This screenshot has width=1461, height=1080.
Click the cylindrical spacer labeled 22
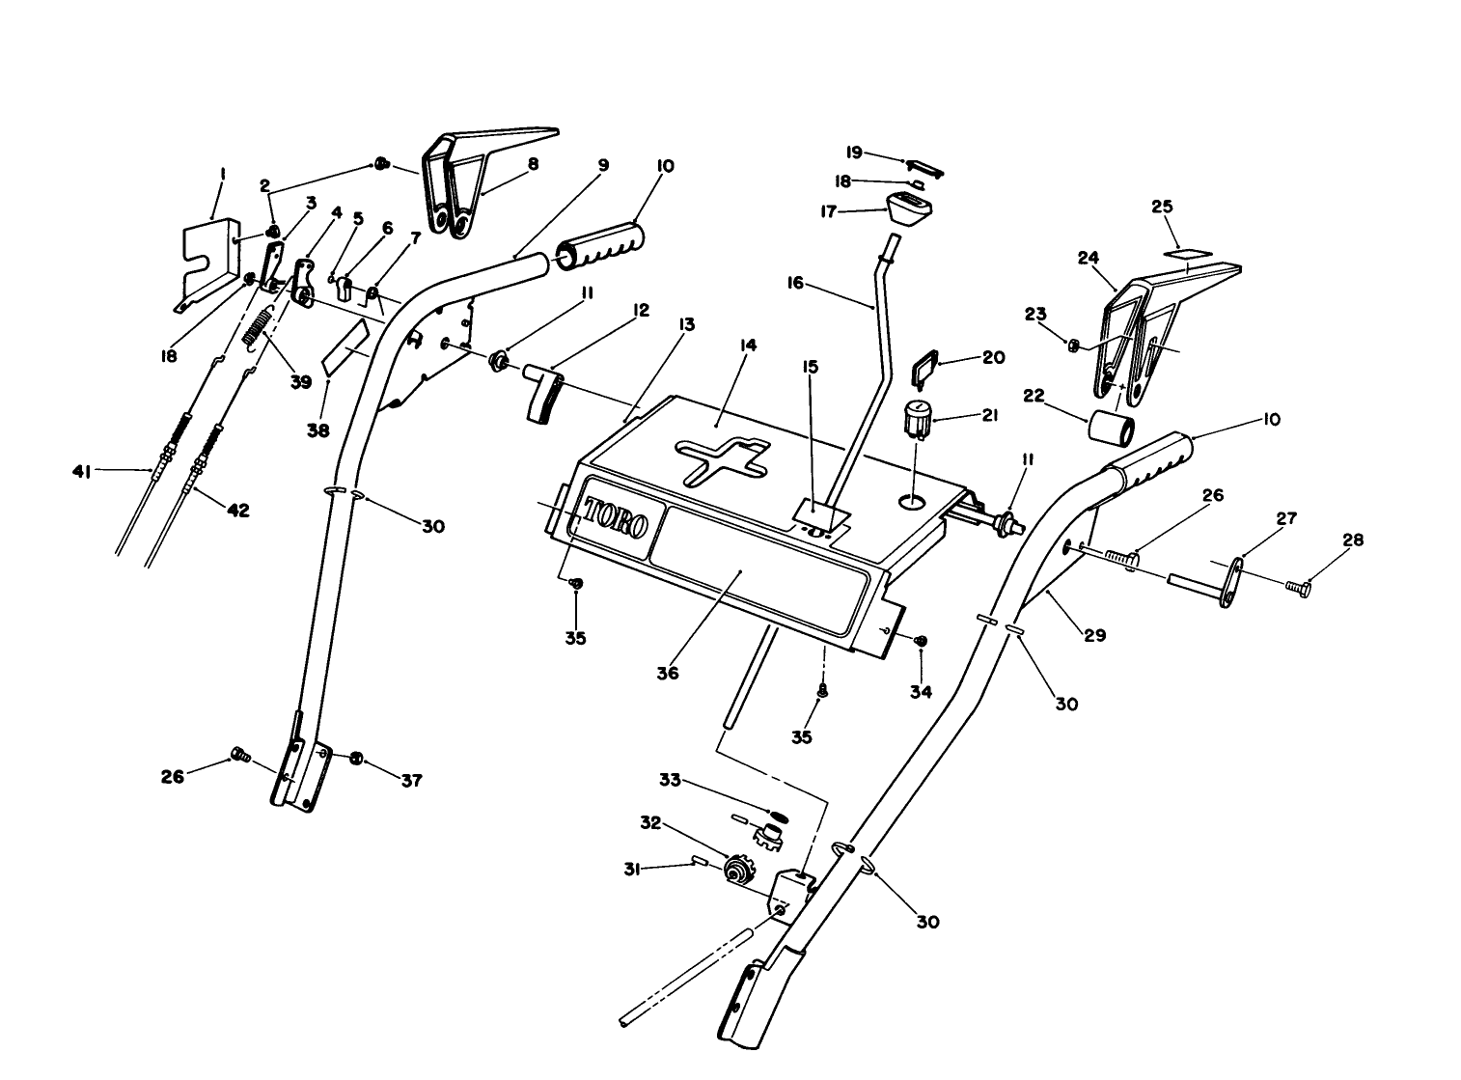[x=1112, y=427]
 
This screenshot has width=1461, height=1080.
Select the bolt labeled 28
[x=1299, y=585]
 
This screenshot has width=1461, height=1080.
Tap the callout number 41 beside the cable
[x=82, y=471]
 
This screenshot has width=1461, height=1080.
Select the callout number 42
[x=236, y=511]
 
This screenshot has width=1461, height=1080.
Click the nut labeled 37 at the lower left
[x=356, y=758]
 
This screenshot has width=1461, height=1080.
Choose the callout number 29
[x=1093, y=635]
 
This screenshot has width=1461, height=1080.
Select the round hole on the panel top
[x=911, y=501]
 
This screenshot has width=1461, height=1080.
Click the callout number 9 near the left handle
[x=603, y=165]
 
